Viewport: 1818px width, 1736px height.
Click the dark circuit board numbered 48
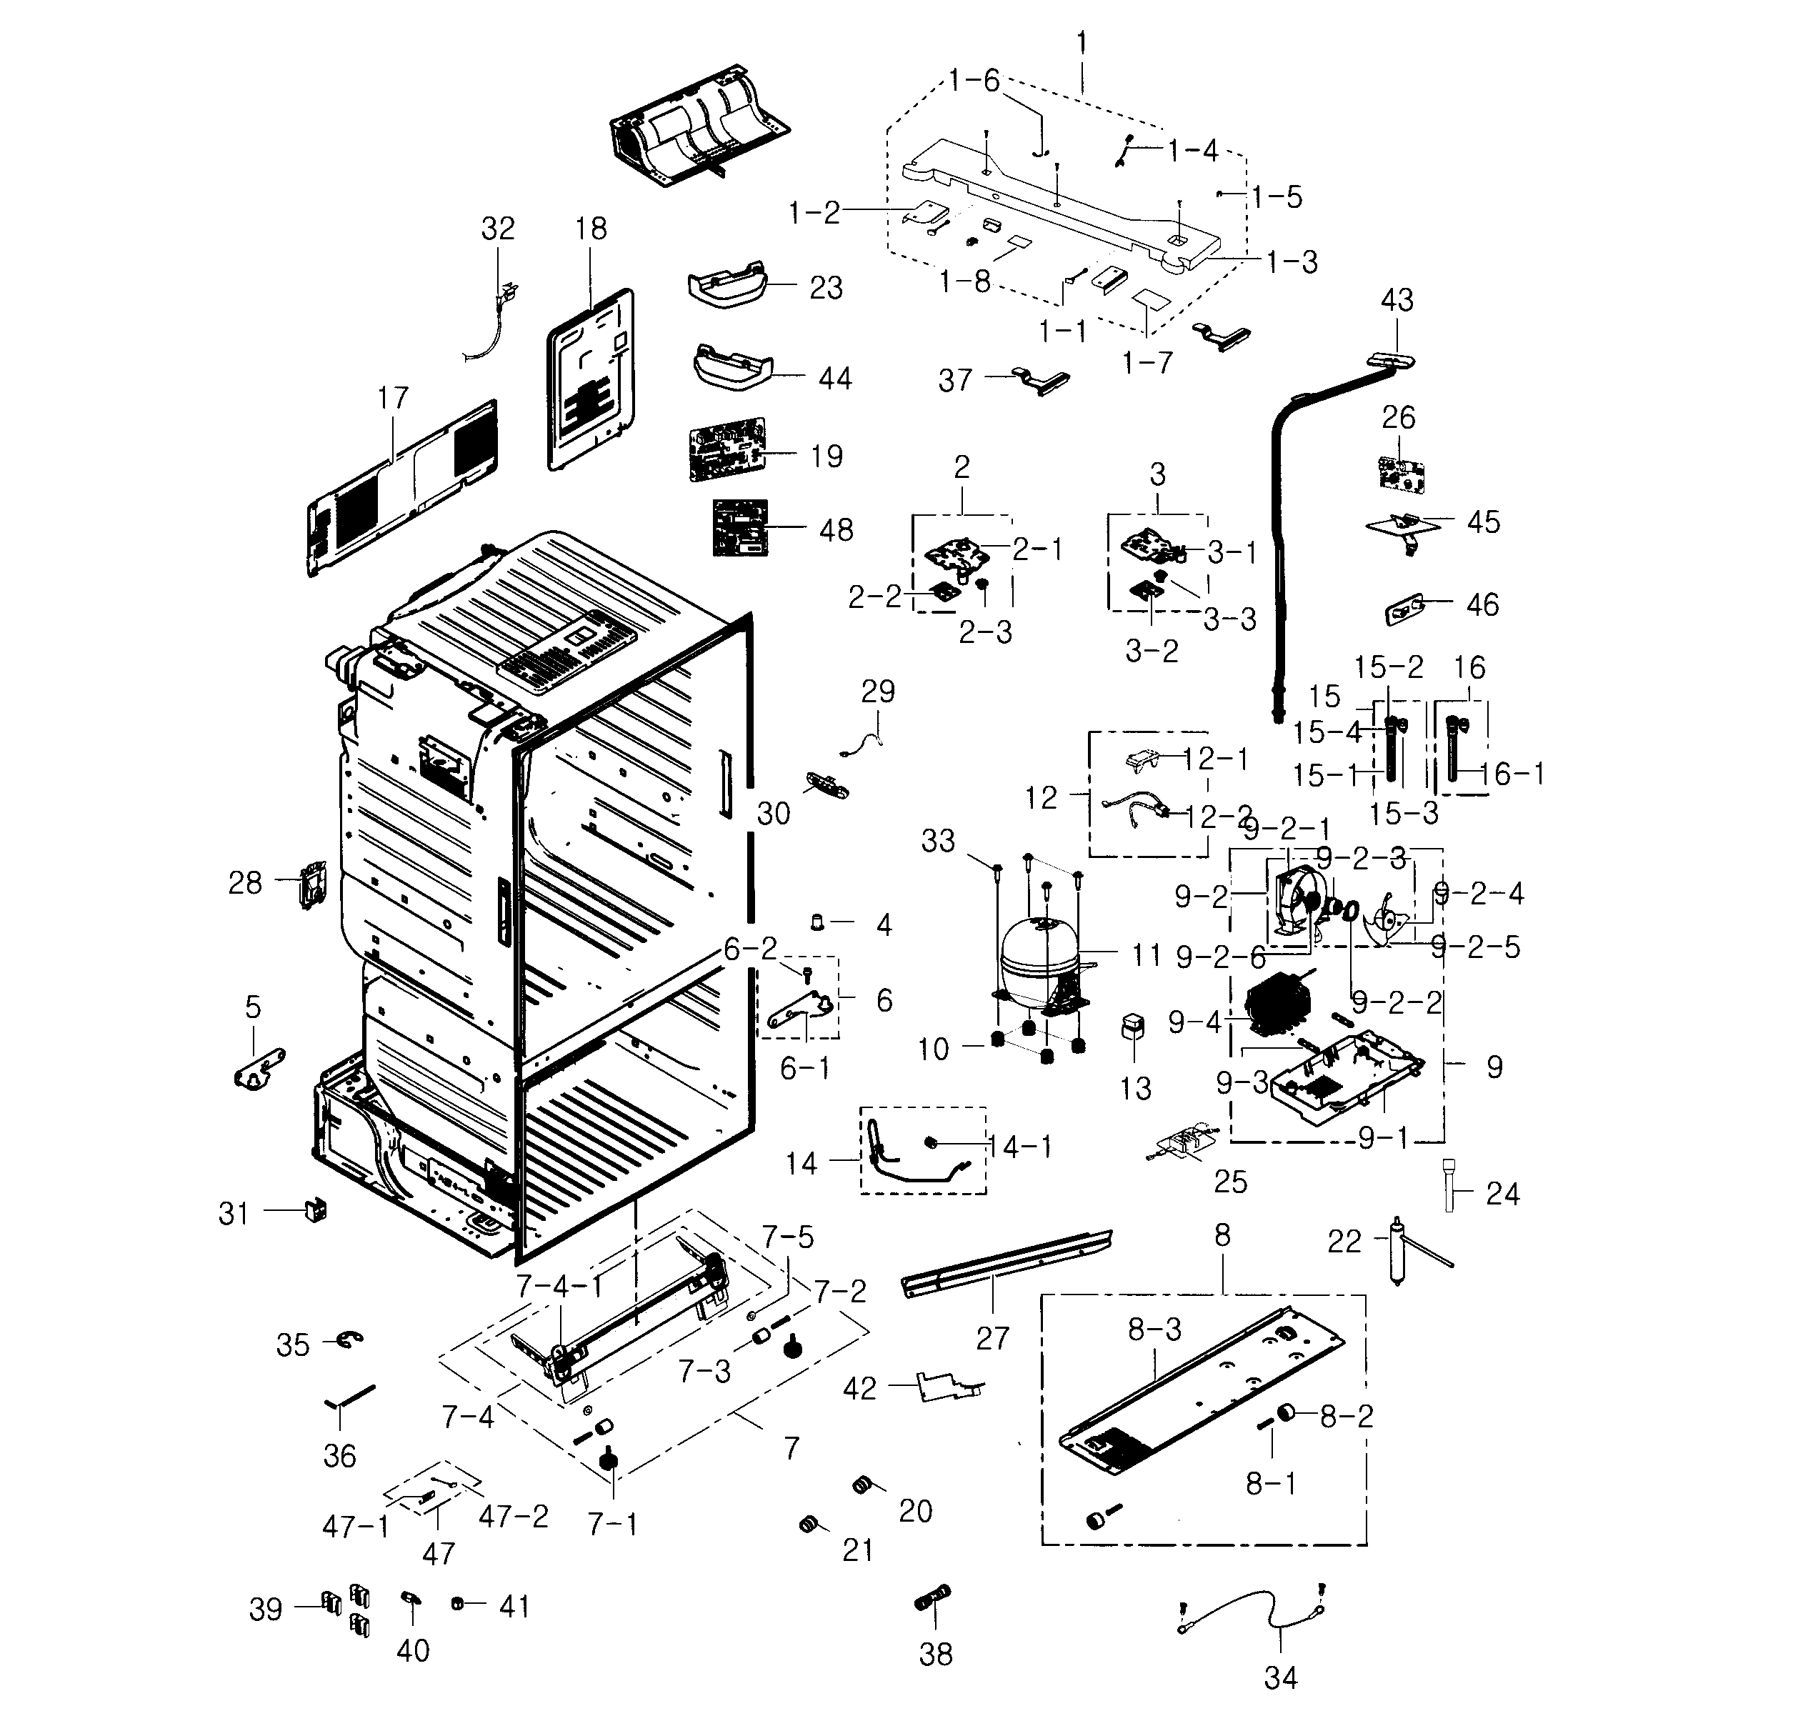(x=740, y=527)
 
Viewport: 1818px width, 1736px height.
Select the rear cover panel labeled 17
(x=402, y=489)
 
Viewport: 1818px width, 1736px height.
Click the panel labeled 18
(x=592, y=379)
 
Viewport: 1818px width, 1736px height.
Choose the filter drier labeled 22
(x=1398, y=1249)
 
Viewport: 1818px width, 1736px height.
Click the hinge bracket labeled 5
(x=257, y=1069)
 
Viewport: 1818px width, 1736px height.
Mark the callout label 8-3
(x=1154, y=1330)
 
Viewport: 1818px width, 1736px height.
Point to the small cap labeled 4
(x=818, y=921)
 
